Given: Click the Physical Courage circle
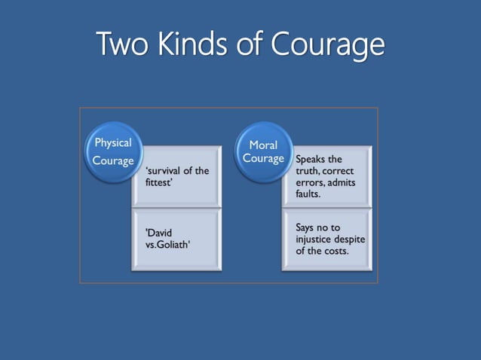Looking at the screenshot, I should coord(113,151).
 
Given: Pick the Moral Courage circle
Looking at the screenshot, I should coord(263,151).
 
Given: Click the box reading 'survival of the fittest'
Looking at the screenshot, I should coord(176,176).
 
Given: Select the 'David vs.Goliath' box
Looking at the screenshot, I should coord(176,239).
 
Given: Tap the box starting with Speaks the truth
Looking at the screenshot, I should coord(326,176).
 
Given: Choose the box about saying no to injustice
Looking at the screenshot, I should coord(326,239).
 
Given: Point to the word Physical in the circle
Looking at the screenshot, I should coord(113,142).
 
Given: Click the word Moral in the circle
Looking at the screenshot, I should coord(263,145).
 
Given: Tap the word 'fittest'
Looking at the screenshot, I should coord(159,182).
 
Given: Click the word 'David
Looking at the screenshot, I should coord(159,233).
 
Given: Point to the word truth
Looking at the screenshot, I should coord(309,171).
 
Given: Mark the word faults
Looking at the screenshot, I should coord(308,194).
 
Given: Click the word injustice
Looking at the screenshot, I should coord(317,239).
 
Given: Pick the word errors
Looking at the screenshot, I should coord(309,182).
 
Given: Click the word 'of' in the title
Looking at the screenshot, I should coord(253,44).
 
